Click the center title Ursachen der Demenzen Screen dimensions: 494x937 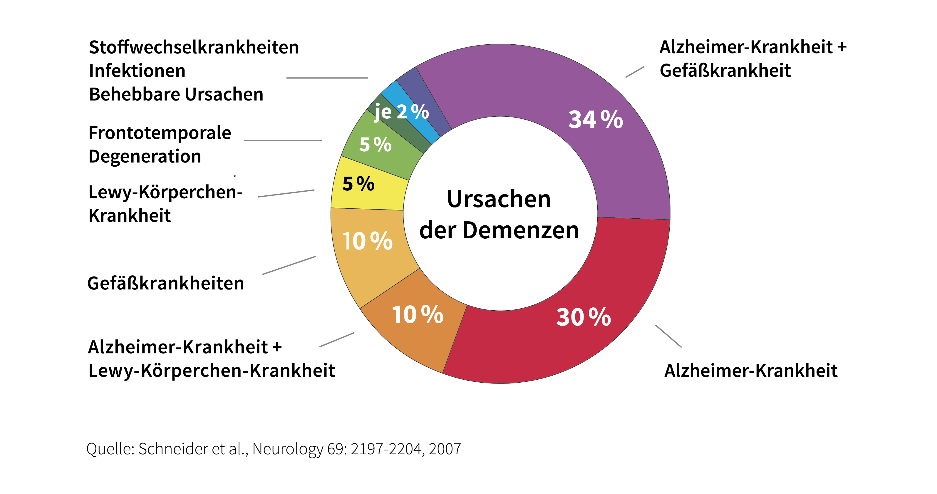499,215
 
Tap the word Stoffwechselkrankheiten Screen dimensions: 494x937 194,47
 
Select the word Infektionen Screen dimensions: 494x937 137,71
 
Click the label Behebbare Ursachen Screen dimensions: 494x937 176,94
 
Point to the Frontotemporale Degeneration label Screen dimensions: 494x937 160,144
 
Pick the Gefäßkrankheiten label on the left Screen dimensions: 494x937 165,283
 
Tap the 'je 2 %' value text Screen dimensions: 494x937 402,111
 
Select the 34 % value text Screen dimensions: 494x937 596,119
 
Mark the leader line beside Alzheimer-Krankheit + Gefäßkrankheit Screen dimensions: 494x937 635,72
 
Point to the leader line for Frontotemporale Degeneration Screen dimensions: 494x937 283,140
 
